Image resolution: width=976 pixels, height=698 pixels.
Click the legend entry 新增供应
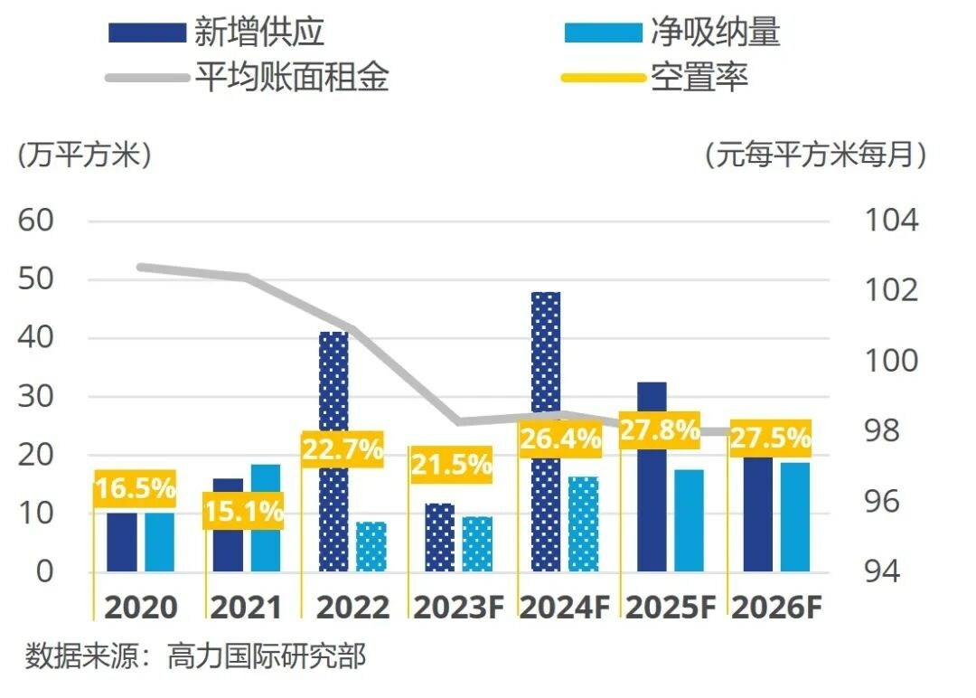217,33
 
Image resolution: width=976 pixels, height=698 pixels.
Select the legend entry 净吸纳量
672,33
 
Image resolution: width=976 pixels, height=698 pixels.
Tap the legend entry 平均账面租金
249,77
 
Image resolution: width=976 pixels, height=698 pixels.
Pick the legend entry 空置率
655,77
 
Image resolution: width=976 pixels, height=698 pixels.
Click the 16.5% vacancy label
135,489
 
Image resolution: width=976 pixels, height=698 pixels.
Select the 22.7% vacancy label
343,449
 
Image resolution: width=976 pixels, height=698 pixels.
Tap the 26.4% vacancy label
560,440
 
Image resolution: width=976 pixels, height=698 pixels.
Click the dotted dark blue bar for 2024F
546,362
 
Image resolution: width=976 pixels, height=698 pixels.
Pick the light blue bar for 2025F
689,521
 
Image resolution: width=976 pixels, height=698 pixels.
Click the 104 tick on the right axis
891,221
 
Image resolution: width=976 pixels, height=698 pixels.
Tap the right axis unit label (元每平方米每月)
816,155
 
